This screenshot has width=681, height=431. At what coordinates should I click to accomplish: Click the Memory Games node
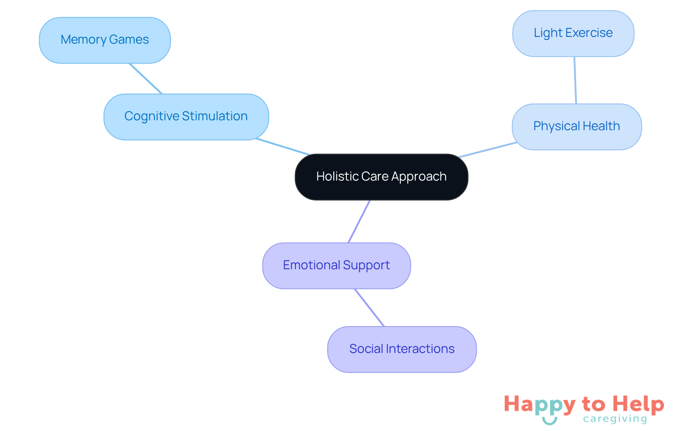point(105,40)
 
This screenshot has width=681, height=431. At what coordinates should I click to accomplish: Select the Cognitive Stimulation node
point(186,117)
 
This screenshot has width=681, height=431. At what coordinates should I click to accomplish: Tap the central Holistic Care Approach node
point(381,177)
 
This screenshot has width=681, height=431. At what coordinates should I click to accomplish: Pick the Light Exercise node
point(573,33)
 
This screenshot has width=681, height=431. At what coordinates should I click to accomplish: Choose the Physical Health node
point(577,127)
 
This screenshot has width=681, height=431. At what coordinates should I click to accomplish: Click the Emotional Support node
point(336,266)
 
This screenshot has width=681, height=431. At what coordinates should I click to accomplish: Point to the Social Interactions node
point(402,349)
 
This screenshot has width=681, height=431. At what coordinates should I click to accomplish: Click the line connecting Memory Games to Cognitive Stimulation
point(146,79)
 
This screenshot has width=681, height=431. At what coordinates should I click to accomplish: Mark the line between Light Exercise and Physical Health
point(575,80)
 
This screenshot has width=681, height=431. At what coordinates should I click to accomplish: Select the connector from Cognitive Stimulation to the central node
point(283,147)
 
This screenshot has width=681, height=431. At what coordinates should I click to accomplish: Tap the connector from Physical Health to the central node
point(488,150)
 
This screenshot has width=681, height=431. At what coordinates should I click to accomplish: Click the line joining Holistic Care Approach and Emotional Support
point(359,222)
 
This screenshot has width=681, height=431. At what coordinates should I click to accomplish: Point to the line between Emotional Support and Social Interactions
point(369,308)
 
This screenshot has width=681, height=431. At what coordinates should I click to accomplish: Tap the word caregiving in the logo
point(615,419)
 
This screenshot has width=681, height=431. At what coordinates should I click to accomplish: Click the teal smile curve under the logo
point(549,421)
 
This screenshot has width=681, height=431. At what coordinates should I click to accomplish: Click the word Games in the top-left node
point(129,40)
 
